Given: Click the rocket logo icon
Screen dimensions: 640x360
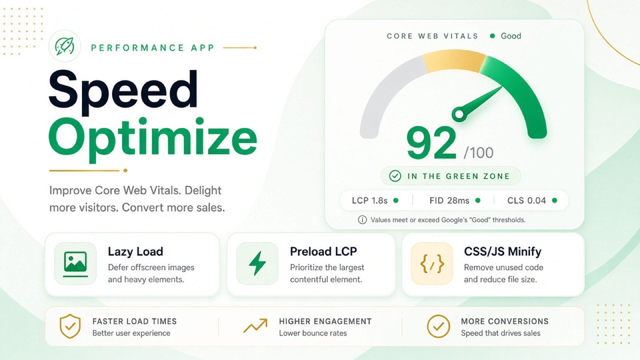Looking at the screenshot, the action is (x=64, y=46).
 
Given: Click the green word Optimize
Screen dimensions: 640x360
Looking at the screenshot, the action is (x=153, y=140).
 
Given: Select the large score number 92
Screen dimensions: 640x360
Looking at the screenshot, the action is (x=431, y=143).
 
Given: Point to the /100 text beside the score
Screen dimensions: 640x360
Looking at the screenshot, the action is (x=478, y=152).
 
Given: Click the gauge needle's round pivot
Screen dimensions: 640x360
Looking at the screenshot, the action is (x=459, y=114).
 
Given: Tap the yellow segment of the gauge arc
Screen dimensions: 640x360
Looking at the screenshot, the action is (x=454, y=61).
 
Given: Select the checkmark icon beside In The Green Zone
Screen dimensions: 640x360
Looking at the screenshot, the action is (x=395, y=176).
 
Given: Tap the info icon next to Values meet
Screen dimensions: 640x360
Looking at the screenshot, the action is (x=362, y=220).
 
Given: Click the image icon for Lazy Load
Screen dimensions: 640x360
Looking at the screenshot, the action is (x=76, y=264).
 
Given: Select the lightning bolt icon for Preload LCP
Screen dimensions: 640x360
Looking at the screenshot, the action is (x=257, y=263).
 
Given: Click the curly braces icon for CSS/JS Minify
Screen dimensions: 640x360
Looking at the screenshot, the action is (x=432, y=264).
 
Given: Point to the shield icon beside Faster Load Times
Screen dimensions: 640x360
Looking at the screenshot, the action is (x=70, y=326).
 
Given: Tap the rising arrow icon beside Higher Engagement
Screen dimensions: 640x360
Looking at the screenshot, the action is (x=256, y=326).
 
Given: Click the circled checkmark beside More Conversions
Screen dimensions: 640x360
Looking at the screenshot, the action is (x=438, y=326).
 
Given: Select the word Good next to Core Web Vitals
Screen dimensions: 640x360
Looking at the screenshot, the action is (x=511, y=36).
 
